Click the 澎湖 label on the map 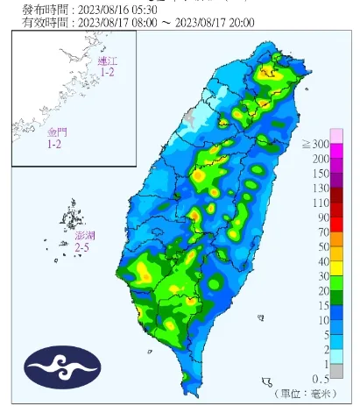(84, 237)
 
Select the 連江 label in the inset (107, 61)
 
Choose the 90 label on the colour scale (337, 217)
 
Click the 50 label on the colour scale (337, 247)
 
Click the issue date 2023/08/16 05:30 (119, 9)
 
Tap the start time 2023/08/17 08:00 (119, 22)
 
